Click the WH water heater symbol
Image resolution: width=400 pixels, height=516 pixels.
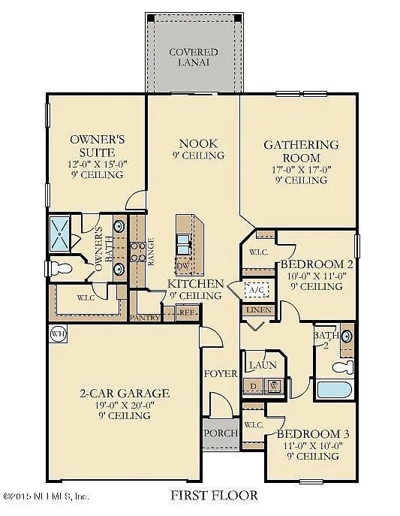click(57, 333)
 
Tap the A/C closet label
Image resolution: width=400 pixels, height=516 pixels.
click(256, 290)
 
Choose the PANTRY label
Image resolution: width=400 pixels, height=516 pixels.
click(145, 318)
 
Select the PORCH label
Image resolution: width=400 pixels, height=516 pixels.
click(221, 433)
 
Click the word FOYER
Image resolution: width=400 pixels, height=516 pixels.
click(220, 373)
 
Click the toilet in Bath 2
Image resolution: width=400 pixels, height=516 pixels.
click(342, 366)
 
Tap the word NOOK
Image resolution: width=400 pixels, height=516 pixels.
click(198, 143)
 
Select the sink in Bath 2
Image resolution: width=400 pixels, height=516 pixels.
click(347, 336)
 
